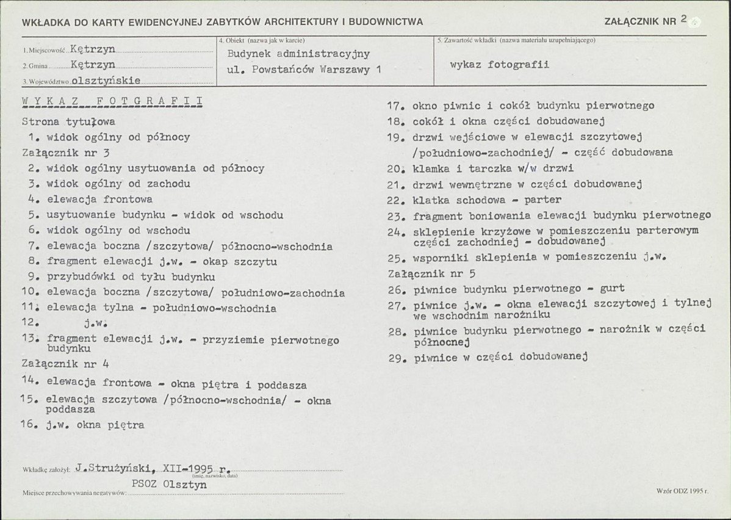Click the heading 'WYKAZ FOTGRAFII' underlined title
pyautogui.click(x=112, y=101)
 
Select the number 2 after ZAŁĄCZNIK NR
pyautogui.click(x=684, y=19)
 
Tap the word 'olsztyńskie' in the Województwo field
pyautogui.click(x=106, y=80)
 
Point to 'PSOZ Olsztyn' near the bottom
pyautogui.click(x=169, y=485)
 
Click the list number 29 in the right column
pyautogui.click(x=397, y=358)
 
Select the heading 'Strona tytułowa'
pyautogui.click(x=68, y=121)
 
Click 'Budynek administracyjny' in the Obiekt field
pyautogui.click(x=298, y=54)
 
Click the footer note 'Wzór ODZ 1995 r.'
pyautogui.click(x=682, y=490)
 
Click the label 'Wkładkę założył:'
pyautogui.click(x=47, y=471)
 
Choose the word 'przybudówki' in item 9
pyautogui.click(x=77, y=277)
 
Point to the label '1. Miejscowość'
pyautogui.click(x=44, y=51)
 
